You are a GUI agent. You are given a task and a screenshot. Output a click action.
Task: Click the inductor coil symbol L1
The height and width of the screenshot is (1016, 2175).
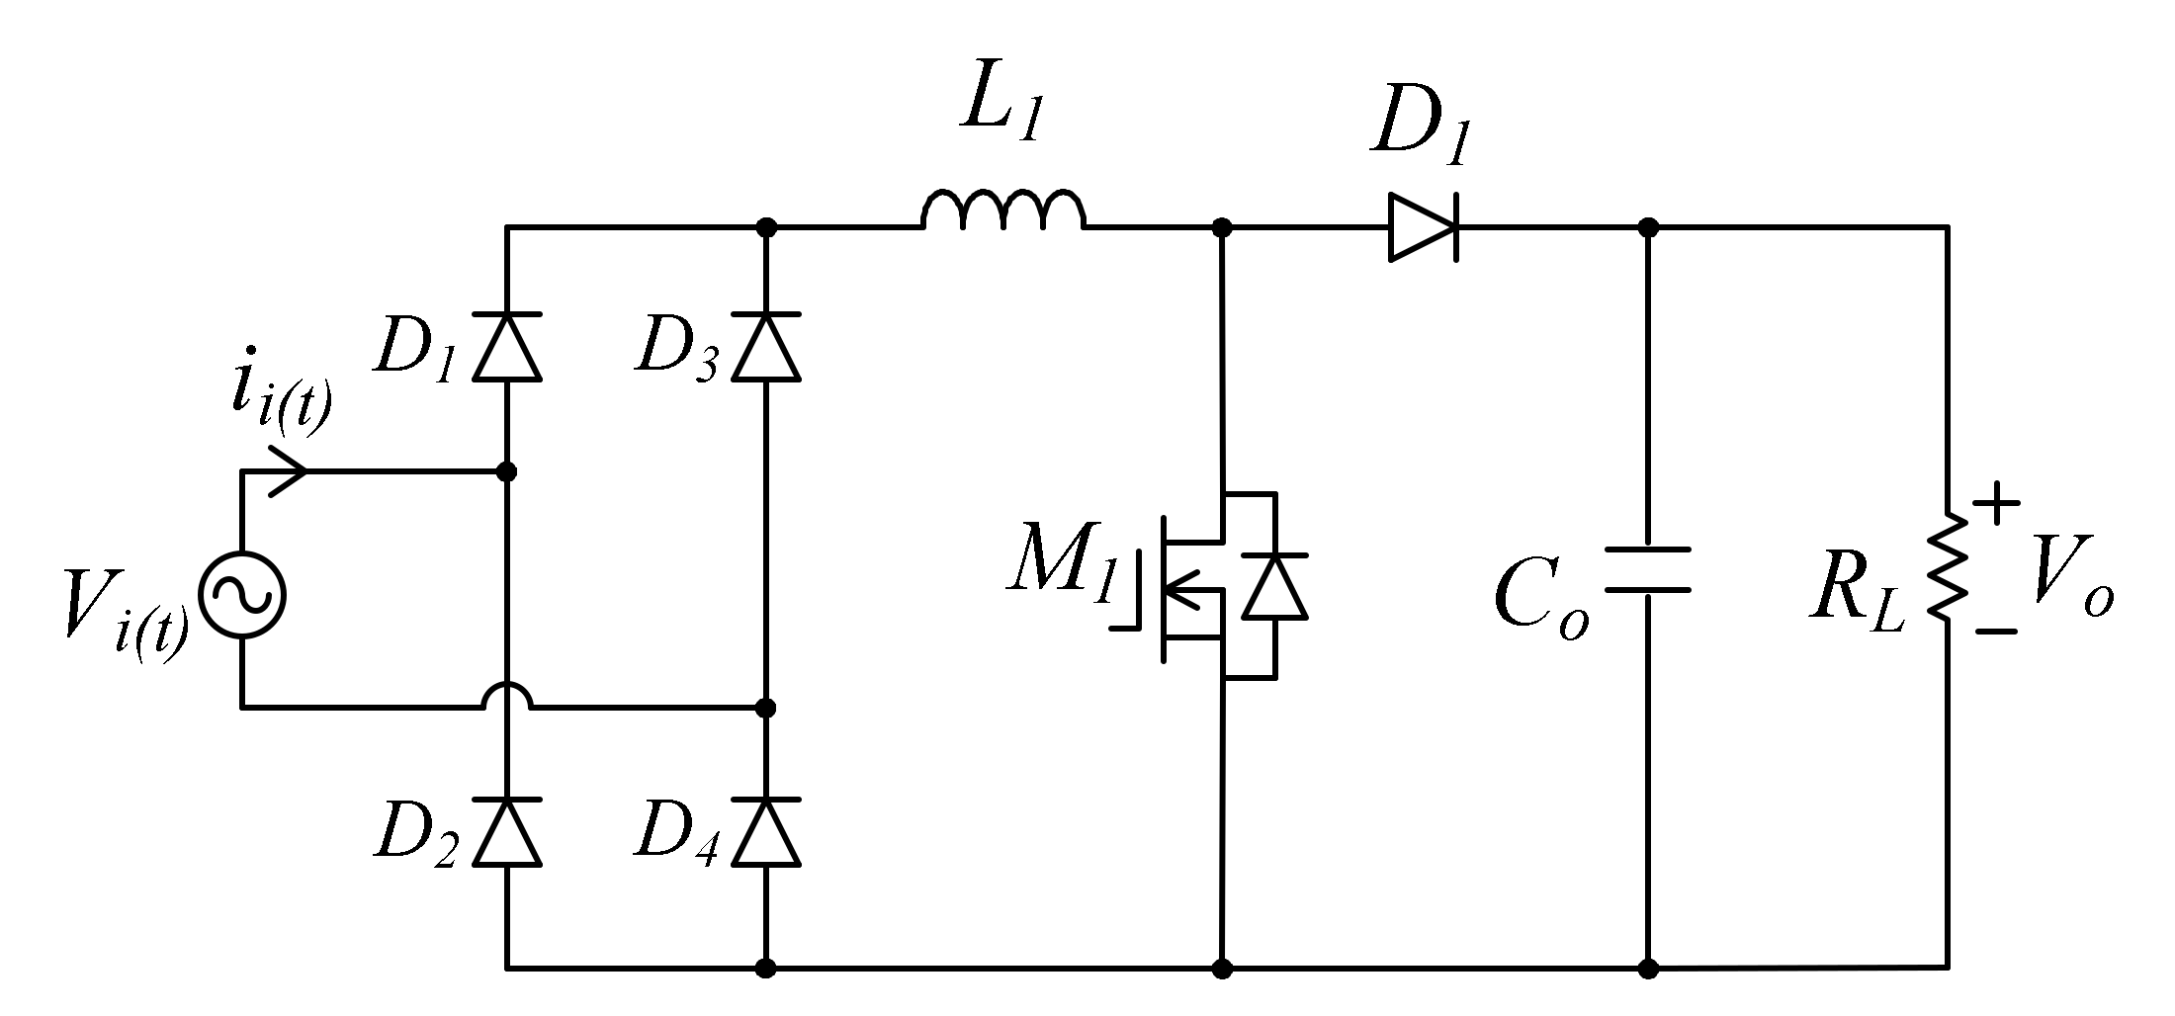pos(1003,211)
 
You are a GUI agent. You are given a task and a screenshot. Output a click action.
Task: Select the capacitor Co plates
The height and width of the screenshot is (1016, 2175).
pos(1647,570)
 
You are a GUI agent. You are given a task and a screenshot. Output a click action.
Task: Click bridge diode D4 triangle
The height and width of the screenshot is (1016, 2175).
pos(766,832)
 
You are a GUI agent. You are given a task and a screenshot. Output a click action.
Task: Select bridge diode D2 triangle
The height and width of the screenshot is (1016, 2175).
pos(506,832)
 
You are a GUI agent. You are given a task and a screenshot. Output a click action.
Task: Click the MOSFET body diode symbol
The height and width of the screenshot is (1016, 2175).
pos(1274,587)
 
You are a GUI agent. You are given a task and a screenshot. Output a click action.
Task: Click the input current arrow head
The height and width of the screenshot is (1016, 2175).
pos(289,471)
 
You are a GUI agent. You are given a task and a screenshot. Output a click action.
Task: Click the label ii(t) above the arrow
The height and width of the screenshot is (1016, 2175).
pos(280,395)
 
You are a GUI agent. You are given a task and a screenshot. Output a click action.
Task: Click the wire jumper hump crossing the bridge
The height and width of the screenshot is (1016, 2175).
pos(507,696)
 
